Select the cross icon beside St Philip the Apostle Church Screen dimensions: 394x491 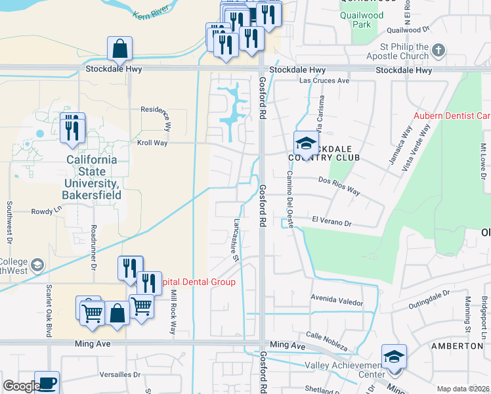click(x=440, y=50)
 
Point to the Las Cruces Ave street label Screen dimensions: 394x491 click(x=324, y=81)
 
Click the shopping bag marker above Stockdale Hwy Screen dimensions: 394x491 click(x=120, y=49)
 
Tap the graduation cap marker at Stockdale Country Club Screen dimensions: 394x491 click(x=305, y=143)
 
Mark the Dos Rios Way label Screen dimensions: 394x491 click(x=339, y=185)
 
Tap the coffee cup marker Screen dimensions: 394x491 click(x=47, y=383)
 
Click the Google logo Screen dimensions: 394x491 click(x=21, y=387)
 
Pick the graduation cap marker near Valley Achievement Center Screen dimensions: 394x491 click(x=394, y=357)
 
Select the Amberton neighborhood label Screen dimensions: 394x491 click(x=457, y=345)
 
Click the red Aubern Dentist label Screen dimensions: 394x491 click(x=452, y=116)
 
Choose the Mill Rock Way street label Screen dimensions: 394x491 click(x=173, y=312)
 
